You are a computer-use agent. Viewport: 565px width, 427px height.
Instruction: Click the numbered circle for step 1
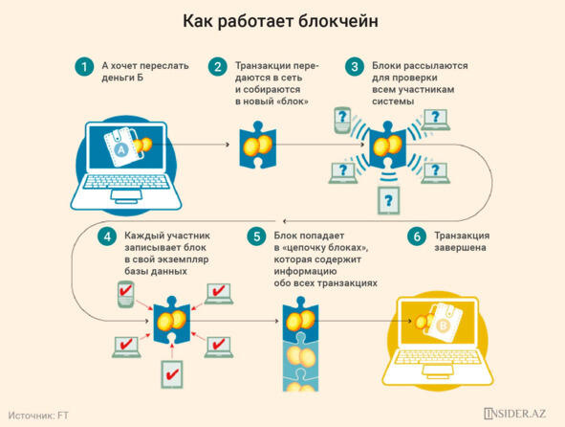[84, 67]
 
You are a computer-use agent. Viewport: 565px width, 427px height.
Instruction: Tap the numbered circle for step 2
[218, 67]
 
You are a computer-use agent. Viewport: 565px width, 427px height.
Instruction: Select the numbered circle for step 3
[355, 67]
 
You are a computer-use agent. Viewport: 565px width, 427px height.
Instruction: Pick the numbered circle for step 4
[107, 236]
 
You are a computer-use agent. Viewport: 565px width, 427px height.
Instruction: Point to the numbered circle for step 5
[256, 236]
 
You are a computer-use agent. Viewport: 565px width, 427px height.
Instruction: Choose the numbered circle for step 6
[417, 236]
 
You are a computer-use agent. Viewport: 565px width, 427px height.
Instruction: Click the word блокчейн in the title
[338, 21]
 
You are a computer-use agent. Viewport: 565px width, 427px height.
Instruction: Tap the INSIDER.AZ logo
[515, 414]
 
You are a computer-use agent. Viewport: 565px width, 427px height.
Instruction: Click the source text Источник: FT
[38, 416]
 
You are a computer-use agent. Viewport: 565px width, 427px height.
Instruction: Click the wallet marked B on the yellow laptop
[445, 323]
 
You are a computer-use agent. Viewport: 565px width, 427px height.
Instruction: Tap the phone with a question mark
[342, 121]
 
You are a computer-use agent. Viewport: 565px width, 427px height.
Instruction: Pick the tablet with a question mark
[388, 201]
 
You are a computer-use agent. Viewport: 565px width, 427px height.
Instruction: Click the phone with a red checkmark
[126, 294]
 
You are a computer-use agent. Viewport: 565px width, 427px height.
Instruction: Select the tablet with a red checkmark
[172, 374]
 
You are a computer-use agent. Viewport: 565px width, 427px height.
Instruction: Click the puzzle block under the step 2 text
[258, 145]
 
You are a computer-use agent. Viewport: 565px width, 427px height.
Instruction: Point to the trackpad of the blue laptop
[126, 196]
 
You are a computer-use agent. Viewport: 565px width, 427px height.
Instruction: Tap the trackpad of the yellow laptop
[438, 371]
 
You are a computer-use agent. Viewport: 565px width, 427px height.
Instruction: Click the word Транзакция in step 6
[462, 236]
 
